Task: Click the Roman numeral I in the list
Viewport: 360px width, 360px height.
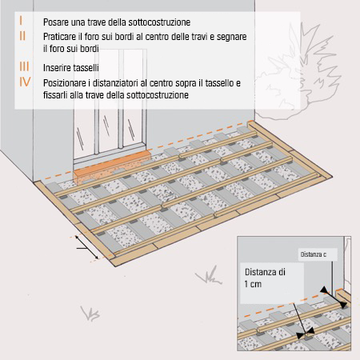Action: pos(22,18)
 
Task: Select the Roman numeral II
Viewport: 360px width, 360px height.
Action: pos(22,37)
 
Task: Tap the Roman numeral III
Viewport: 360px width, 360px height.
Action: pos(23,67)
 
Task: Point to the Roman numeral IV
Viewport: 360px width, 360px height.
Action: pos(24,82)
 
